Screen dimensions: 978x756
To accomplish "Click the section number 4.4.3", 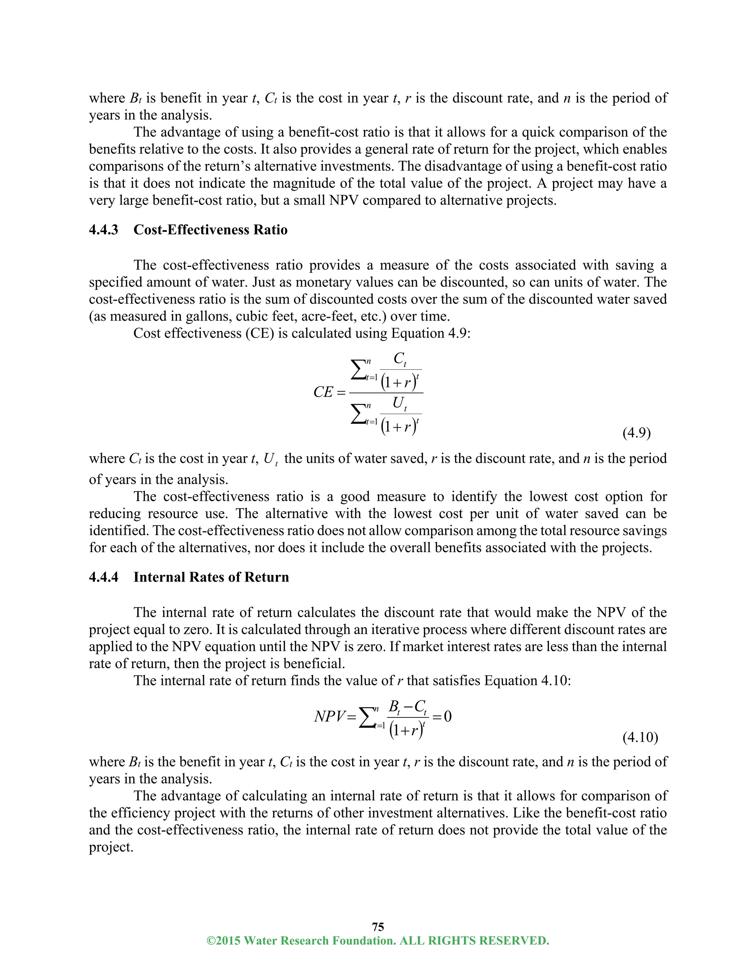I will tap(103, 230).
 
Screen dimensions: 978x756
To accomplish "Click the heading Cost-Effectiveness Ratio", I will tap(210, 230).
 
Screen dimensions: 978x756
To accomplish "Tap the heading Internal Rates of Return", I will tap(211, 577).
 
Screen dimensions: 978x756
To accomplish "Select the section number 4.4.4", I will tap(103, 577).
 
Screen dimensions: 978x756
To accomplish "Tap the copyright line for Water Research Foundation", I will tap(378, 940).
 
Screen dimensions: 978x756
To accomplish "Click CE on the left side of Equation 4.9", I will tap(323, 392).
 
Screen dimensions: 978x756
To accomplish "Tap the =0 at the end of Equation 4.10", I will tap(441, 716).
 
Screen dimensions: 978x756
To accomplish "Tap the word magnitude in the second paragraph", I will tap(304, 183).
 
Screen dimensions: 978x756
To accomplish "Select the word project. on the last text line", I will tap(111, 847).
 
